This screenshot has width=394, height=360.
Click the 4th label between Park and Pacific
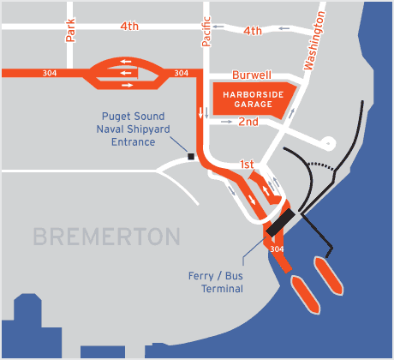pos(129,27)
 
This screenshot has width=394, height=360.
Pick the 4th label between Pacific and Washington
pos(252,31)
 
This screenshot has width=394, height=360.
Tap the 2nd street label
pos(248,123)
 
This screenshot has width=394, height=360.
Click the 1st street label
pos(247,163)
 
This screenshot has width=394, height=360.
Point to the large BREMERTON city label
pos(106,236)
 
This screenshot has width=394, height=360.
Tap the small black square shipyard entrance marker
pos(191,157)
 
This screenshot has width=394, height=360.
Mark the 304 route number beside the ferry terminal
pos(276,249)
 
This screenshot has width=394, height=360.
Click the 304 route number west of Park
pos(50,73)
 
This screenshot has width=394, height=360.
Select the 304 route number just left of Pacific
pos(181,73)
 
